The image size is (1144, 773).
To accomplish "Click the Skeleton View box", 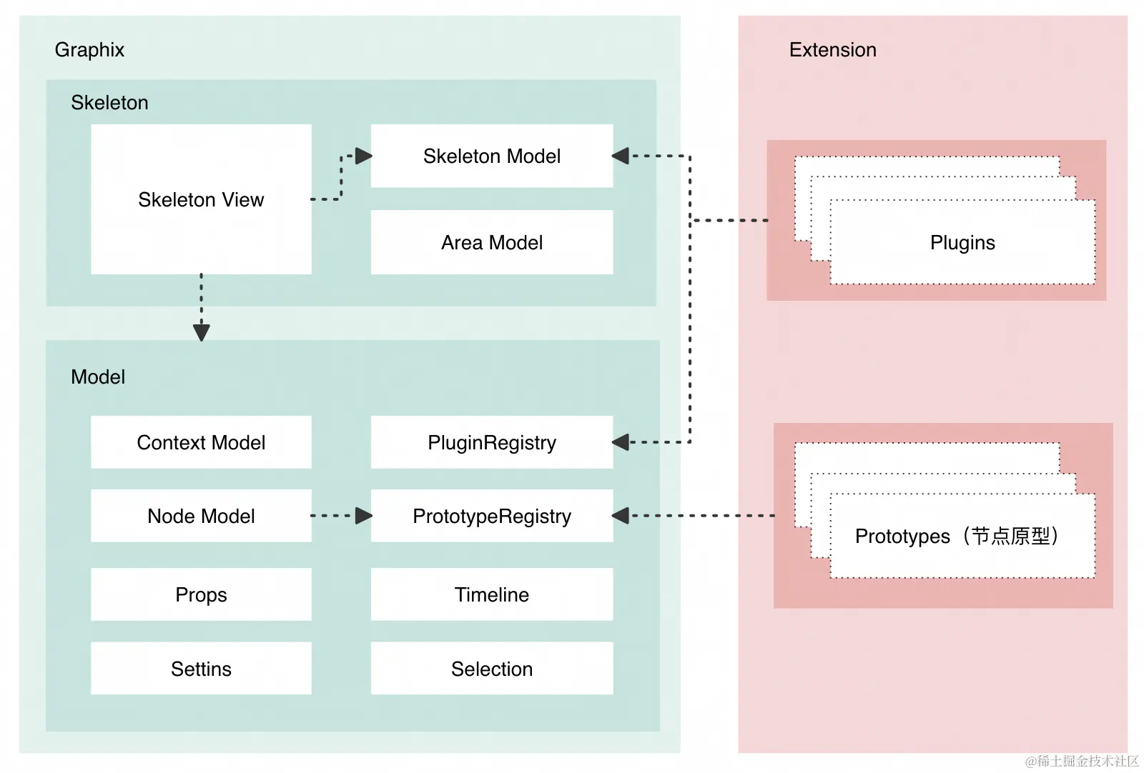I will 201,199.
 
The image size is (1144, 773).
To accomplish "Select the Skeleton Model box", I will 492,156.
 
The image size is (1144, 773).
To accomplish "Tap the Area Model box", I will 492,242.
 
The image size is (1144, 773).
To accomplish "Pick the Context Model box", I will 201,442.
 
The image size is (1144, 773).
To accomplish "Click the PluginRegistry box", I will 492,442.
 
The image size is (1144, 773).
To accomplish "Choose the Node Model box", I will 201,516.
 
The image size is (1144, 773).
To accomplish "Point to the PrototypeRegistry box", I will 492,516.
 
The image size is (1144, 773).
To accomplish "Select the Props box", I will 201,594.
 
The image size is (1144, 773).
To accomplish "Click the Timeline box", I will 492,594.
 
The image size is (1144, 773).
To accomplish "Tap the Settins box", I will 201,669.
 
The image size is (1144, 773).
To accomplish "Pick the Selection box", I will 492,669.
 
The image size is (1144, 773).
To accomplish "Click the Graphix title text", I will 89,50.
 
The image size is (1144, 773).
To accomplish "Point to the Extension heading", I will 832,50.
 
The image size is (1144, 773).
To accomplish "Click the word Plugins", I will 962,243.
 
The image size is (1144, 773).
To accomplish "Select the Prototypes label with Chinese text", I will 957,536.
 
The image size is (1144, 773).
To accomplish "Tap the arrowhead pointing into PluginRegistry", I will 621,442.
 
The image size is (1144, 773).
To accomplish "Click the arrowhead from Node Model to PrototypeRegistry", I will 364,516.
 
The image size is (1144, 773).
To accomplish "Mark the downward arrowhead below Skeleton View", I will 202,332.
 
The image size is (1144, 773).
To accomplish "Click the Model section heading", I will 98,377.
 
